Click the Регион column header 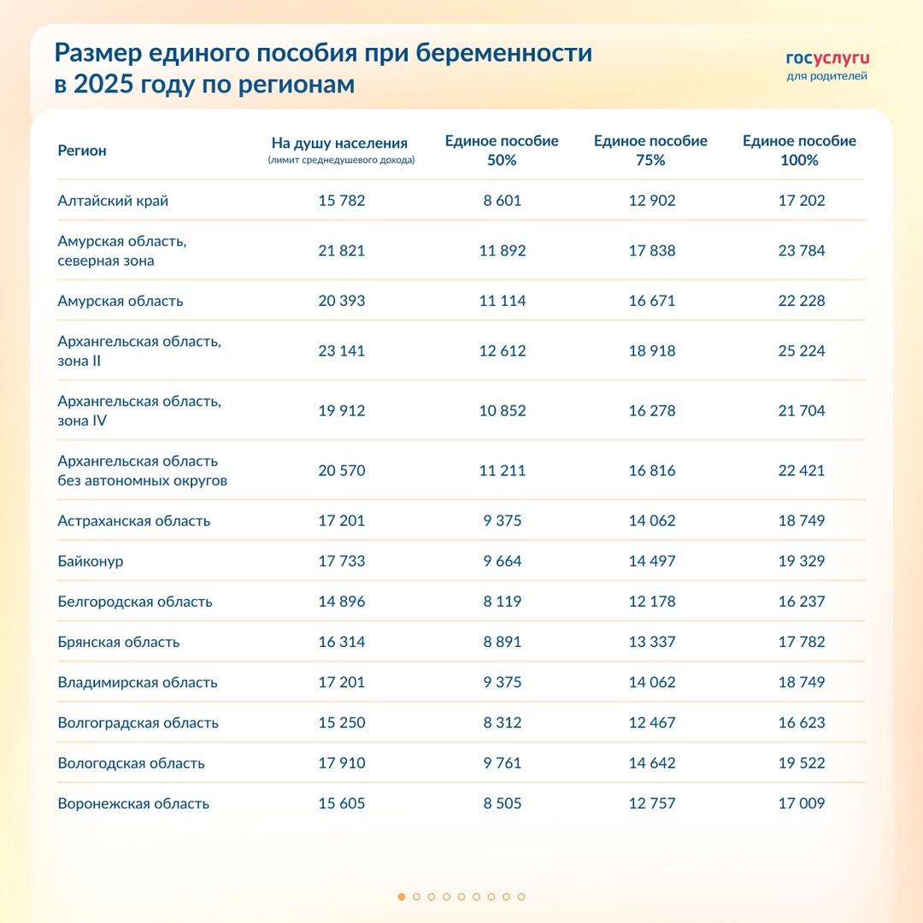[82, 150]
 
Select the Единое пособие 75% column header [650, 150]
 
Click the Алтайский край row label [113, 201]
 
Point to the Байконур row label [91, 561]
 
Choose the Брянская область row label [119, 642]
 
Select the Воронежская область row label [133, 803]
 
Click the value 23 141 [341, 351]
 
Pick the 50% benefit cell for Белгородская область [502, 602]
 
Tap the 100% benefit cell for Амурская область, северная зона [801, 251]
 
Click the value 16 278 [651, 411]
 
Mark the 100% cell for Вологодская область [801, 763]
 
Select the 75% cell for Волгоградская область [651, 723]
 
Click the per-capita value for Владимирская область [341, 682]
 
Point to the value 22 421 [801, 471]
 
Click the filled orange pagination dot [402, 897]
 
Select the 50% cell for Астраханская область [502, 521]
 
